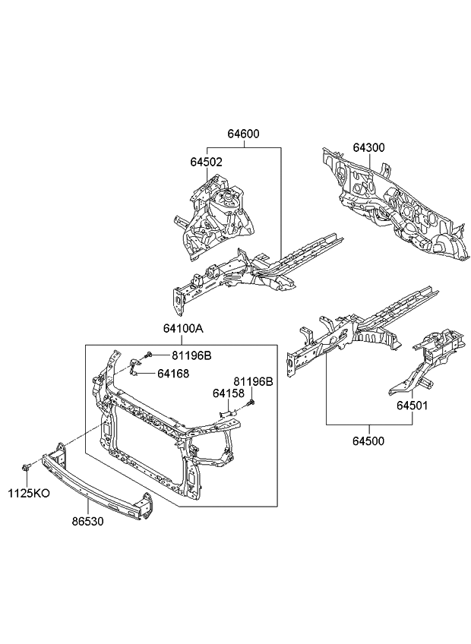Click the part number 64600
243,134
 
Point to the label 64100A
182,329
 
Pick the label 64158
228,393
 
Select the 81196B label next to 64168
191,355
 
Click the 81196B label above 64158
253,381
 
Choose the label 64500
368,440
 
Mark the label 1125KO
30,493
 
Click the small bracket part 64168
134,370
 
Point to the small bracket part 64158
226,411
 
